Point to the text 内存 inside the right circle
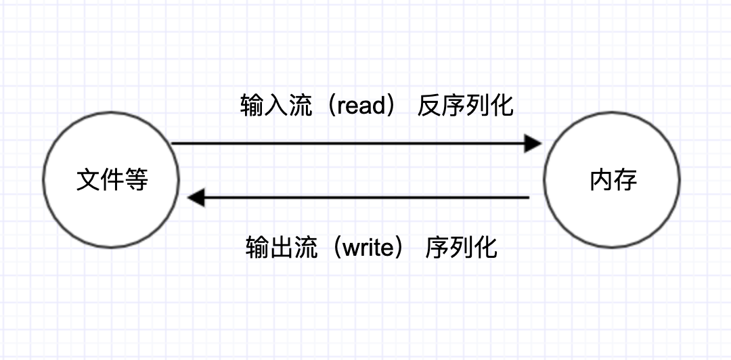click(613, 181)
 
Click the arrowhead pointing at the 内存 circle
click(533, 143)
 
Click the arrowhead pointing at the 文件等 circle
click(196, 198)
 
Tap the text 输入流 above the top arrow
click(274, 106)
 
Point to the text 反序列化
click(465, 106)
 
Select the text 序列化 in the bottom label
click(462, 248)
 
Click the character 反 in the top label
click(430, 106)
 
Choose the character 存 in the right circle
click(625, 181)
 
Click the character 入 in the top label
click(274, 106)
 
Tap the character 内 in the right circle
click(601, 181)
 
